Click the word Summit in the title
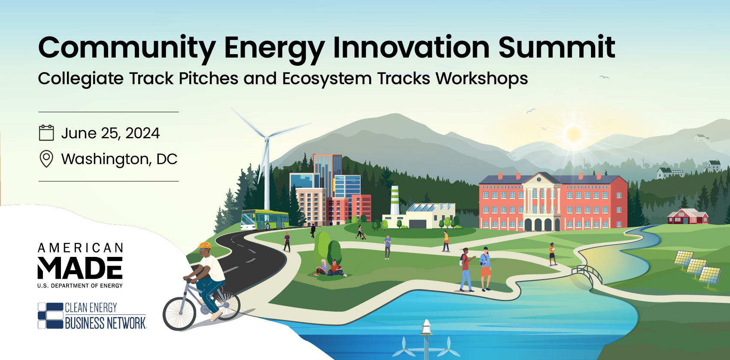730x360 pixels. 557,47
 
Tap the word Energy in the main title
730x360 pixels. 274,48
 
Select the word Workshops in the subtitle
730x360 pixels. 481,79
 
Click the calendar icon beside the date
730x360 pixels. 46,133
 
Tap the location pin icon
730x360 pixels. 46,159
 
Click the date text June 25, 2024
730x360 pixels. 110,133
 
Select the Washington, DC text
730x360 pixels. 119,159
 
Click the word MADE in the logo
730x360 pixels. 80,268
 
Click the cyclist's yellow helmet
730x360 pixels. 205,246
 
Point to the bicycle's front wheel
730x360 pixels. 179,314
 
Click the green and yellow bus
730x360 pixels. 265,220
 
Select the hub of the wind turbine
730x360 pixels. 267,139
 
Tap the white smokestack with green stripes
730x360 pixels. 395,200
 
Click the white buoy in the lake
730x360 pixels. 426,327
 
